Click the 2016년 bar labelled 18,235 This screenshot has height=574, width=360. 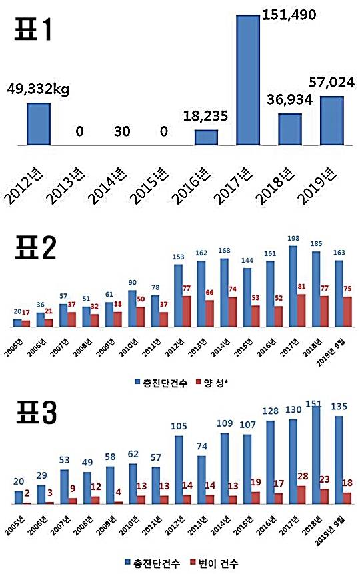(x=206, y=137)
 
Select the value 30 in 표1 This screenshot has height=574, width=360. (x=121, y=132)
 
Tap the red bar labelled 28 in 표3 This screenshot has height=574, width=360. (x=301, y=495)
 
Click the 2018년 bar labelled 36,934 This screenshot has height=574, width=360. (x=289, y=129)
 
